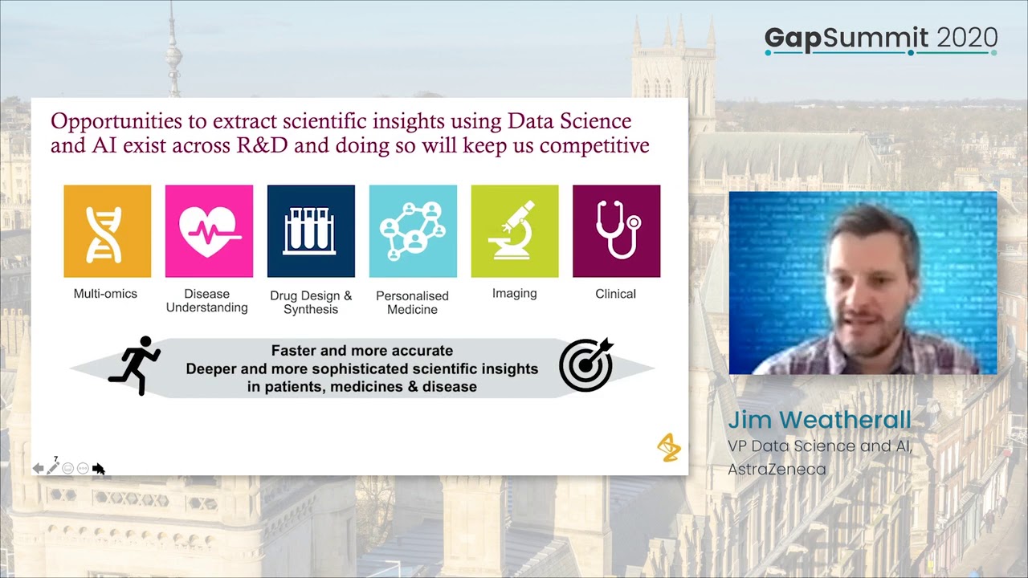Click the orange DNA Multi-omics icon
108,231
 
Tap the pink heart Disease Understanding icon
209,231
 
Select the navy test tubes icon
311,231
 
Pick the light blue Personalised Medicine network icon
413,231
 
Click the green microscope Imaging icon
515,231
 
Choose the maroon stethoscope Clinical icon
616,231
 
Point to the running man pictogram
135,365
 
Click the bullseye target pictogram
586,365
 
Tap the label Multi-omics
105,294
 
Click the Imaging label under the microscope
514,294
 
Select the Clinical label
615,294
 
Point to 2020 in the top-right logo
967,38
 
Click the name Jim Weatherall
819,420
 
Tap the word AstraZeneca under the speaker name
777,470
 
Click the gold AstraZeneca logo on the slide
668,448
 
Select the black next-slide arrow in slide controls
99,469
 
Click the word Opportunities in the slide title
115,121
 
